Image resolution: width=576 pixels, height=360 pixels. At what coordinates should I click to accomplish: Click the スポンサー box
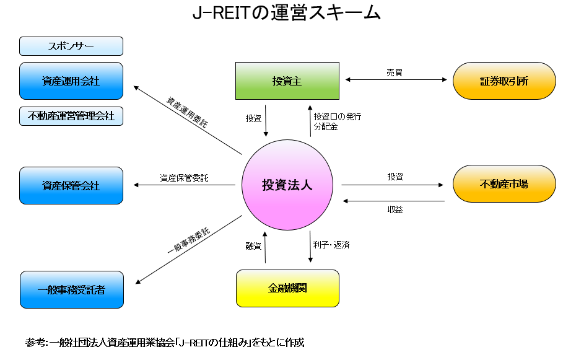click(x=71, y=46)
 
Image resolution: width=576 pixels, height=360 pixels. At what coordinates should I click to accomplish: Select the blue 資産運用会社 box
click(x=71, y=81)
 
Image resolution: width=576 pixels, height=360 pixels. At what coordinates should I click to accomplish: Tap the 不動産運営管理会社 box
click(x=71, y=116)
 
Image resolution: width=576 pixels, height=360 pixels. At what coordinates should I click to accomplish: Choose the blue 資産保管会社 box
click(x=71, y=185)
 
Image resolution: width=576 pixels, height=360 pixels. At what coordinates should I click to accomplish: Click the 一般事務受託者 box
click(x=72, y=290)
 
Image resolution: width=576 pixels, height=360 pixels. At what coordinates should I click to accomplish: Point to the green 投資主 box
click(x=287, y=81)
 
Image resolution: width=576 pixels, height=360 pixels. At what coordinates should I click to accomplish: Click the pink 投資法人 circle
click(x=287, y=185)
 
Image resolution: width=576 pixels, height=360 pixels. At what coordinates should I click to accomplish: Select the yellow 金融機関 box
click(x=287, y=288)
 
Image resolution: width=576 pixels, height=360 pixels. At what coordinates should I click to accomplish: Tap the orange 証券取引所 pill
click(x=504, y=81)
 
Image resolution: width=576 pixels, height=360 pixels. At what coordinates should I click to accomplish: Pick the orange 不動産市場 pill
click(x=504, y=183)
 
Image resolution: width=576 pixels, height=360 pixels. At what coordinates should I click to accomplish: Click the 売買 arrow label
click(x=395, y=72)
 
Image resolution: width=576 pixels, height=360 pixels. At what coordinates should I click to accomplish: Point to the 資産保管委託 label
click(x=184, y=178)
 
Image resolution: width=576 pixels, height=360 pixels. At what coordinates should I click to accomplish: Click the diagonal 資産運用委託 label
click(x=187, y=112)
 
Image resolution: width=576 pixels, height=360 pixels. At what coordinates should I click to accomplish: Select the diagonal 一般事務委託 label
click(x=189, y=240)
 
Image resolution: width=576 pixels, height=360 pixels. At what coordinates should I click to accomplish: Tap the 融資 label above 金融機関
click(x=253, y=246)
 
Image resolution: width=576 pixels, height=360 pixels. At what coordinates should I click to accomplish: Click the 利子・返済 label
click(x=331, y=245)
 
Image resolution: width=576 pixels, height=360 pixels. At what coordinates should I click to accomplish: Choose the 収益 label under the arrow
click(x=395, y=209)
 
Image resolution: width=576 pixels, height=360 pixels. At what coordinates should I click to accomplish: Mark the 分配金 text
click(x=326, y=127)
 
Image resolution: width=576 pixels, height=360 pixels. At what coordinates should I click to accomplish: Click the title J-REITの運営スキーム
click(x=287, y=13)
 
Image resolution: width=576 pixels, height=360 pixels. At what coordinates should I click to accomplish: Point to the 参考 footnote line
click(x=165, y=343)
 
